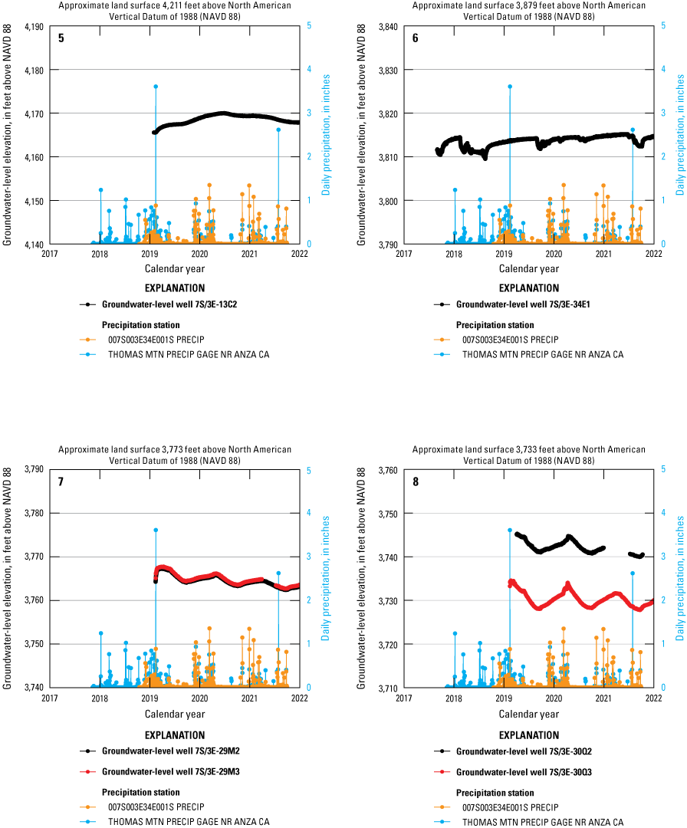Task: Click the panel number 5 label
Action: coord(61,38)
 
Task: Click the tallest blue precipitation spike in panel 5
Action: coord(156,87)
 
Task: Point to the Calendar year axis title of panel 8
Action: coord(529,713)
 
